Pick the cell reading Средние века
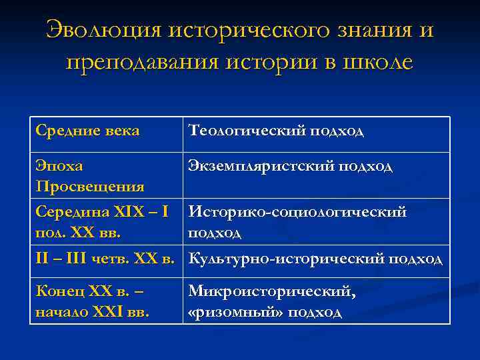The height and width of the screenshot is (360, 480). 87,131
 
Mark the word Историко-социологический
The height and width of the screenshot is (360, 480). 297,212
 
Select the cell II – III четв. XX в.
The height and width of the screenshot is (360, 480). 105,259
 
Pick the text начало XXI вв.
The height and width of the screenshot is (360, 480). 92,311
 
